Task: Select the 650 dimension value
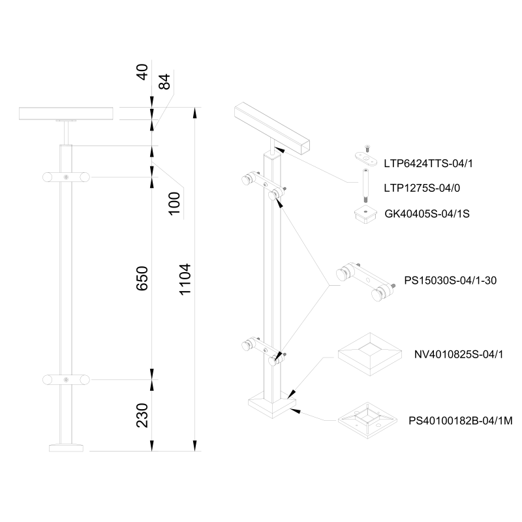[x=143, y=278]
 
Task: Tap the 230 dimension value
[x=143, y=415]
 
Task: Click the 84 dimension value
[x=164, y=81]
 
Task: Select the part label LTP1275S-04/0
[x=421, y=188]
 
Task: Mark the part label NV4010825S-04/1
[x=451, y=355]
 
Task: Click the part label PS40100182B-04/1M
[x=461, y=421]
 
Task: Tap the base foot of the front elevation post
[x=67, y=448]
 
